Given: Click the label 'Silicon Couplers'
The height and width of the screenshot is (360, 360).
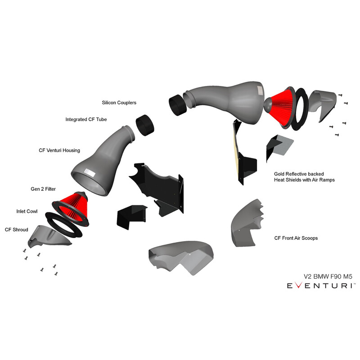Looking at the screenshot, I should [x=119, y=103].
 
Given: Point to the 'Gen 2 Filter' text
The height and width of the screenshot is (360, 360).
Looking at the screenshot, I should [x=43, y=189].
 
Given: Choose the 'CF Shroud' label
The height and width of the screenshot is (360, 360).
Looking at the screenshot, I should [x=17, y=230].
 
